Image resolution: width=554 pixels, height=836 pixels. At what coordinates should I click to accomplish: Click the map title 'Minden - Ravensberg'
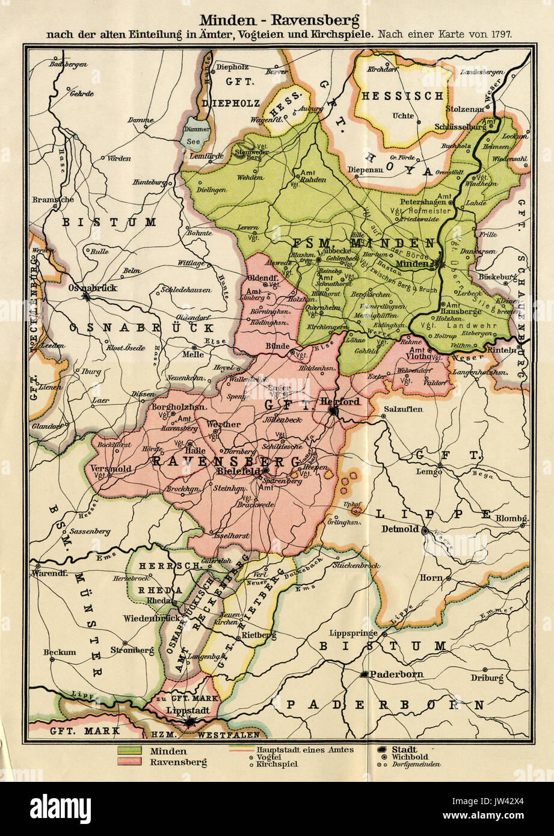(x=279, y=21)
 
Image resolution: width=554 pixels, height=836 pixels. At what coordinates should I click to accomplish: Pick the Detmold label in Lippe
(x=401, y=530)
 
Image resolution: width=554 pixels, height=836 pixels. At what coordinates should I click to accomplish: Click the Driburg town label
(x=487, y=678)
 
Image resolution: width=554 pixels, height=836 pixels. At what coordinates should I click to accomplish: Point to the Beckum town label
(x=60, y=652)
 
